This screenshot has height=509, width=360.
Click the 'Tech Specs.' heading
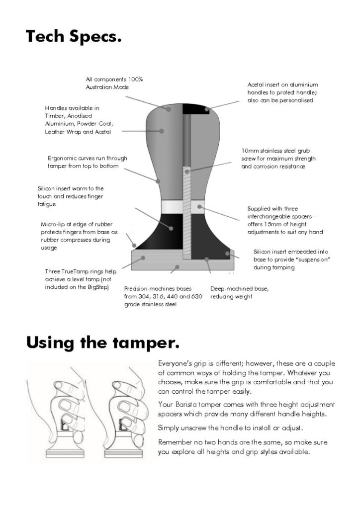(74, 36)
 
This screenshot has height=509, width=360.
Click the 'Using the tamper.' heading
(102, 343)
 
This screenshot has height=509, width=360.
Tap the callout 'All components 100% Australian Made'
(114, 83)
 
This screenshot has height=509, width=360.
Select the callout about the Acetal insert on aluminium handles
(283, 92)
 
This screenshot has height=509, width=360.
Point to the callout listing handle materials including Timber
(79, 120)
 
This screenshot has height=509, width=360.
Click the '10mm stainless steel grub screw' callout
(278, 159)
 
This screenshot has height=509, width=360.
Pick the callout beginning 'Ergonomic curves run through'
(88, 162)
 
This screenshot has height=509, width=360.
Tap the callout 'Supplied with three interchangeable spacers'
(285, 220)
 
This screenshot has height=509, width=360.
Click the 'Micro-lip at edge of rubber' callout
(79, 236)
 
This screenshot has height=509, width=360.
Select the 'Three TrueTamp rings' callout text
(81, 279)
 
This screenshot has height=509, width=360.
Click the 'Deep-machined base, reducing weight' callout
(239, 292)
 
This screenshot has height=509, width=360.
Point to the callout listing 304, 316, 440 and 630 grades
(163, 296)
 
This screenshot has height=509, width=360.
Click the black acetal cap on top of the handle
(196, 109)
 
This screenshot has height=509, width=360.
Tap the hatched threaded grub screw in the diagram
(186, 213)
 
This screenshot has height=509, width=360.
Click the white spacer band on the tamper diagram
(183, 207)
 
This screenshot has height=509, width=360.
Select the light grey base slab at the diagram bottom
(183, 260)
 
